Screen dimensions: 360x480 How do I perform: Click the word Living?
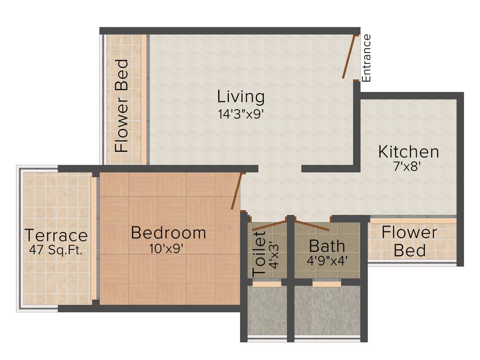(x=241, y=97)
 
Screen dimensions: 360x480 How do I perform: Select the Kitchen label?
(x=409, y=152)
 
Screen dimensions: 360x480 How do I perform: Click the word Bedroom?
(x=168, y=232)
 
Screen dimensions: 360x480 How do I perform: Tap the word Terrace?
(x=56, y=235)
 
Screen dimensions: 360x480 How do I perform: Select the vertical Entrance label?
(x=367, y=58)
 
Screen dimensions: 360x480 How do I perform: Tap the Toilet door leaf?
(x=270, y=225)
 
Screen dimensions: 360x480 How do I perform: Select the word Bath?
(x=327, y=246)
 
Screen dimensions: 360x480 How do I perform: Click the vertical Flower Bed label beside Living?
(x=121, y=105)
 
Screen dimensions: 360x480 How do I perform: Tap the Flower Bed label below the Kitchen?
(x=409, y=241)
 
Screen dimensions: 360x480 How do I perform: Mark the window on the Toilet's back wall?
(x=267, y=284)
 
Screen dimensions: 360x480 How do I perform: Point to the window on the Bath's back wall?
(x=327, y=284)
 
